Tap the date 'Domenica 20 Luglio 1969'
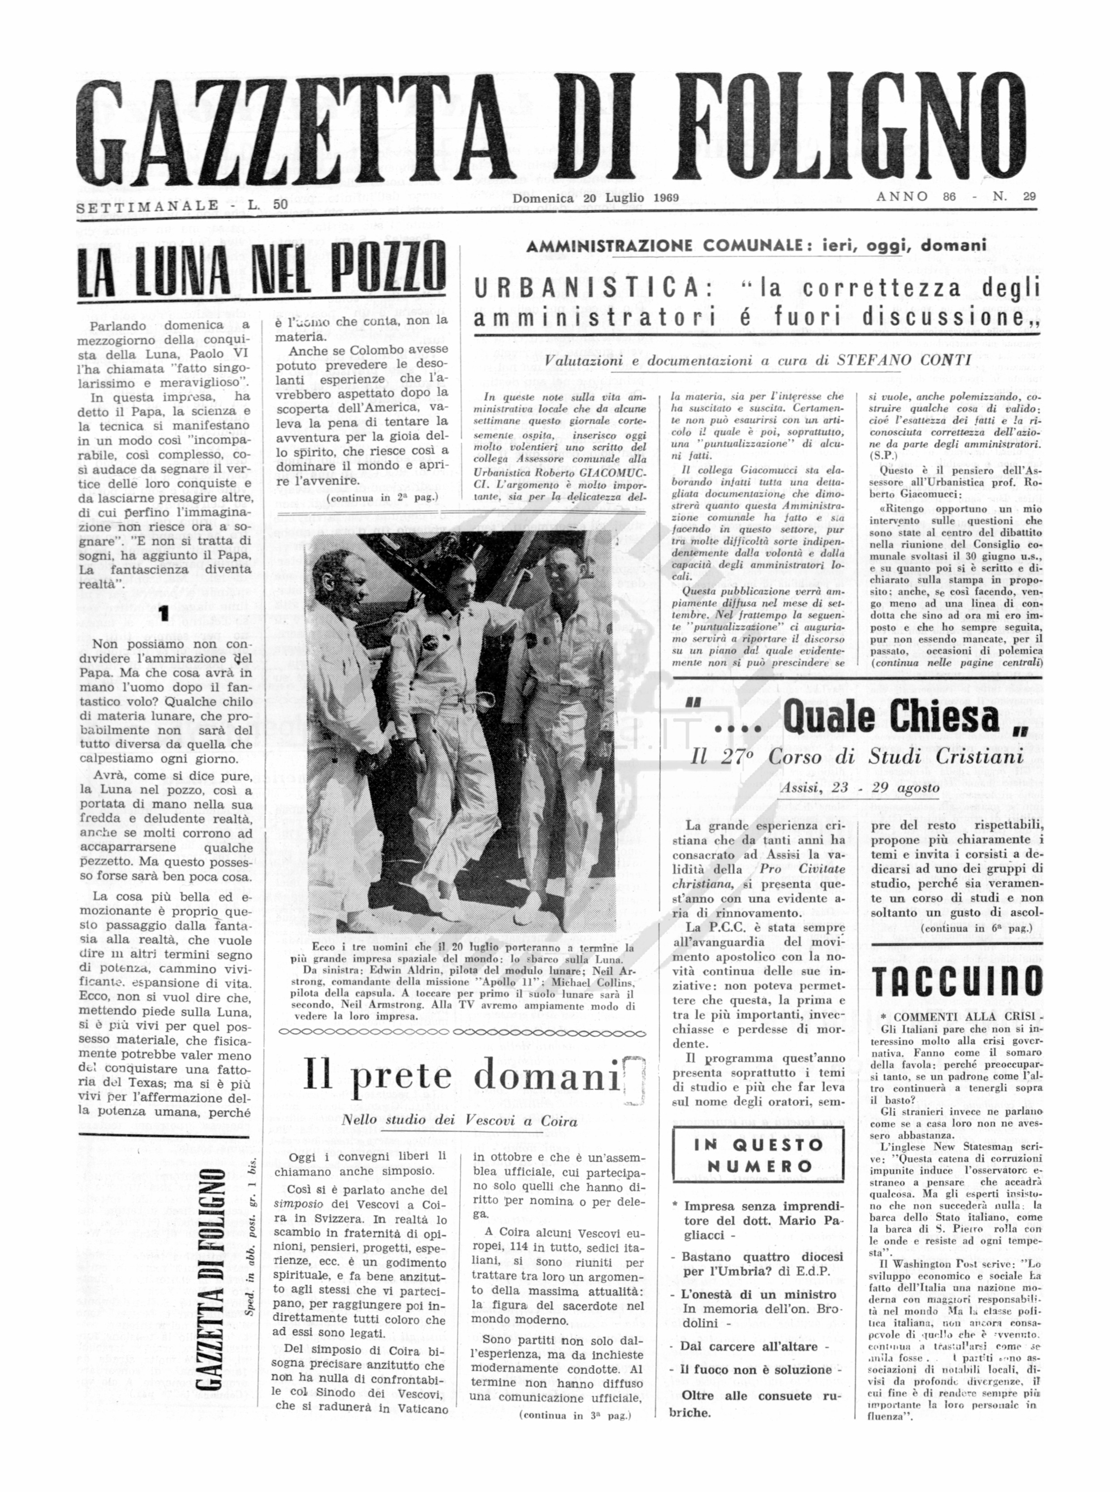(x=595, y=198)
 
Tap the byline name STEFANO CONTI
(x=904, y=360)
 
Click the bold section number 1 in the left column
(x=163, y=613)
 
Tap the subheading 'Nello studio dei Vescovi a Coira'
(x=459, y=1121)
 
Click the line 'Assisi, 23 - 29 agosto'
(x=860, y=788)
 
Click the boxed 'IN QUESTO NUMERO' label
(x=758, y=1156)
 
